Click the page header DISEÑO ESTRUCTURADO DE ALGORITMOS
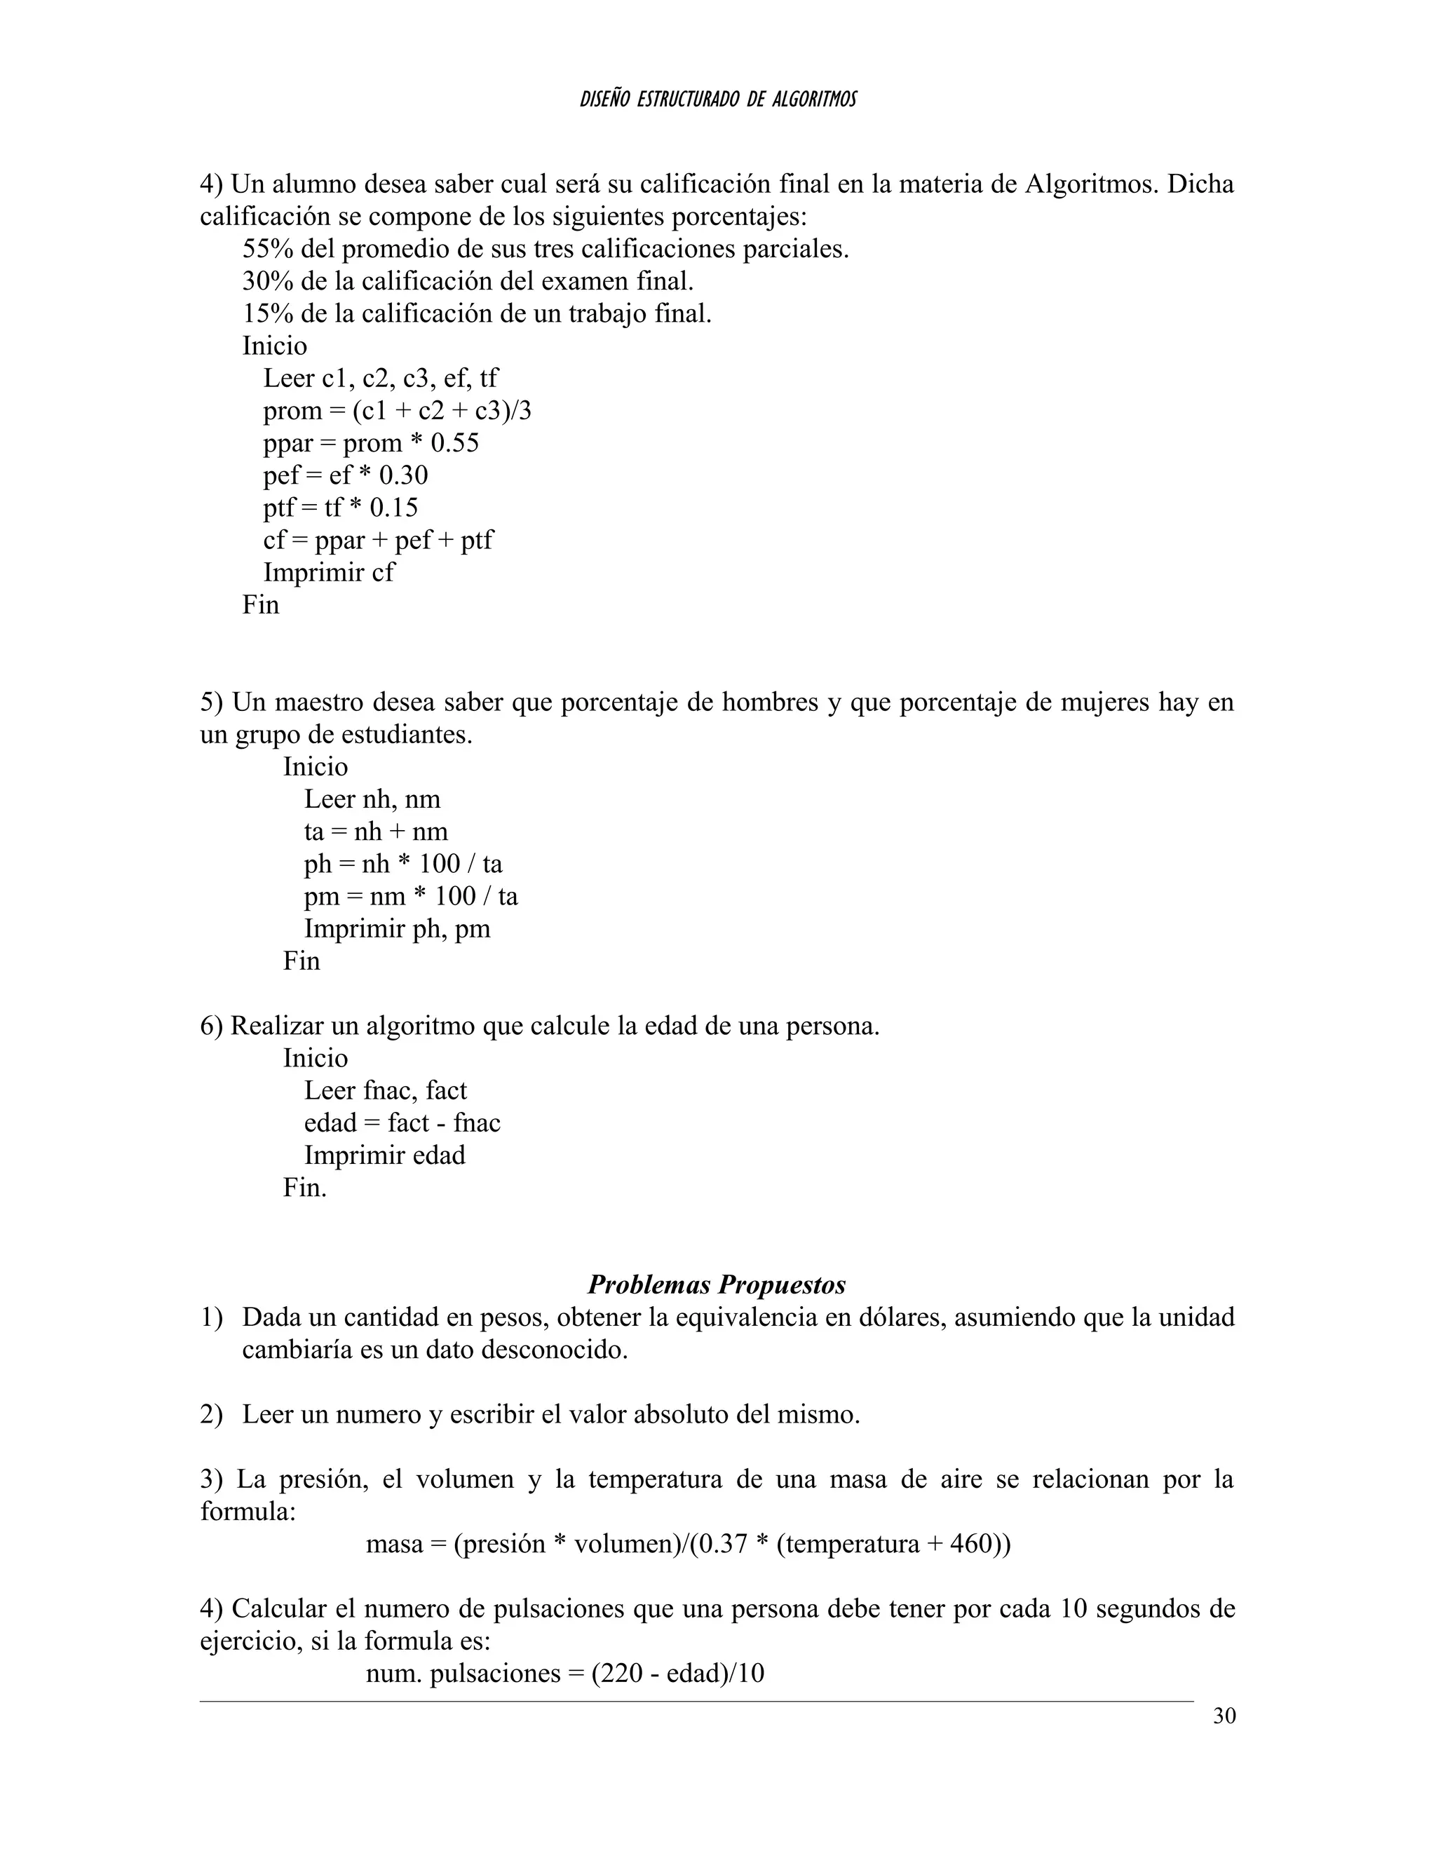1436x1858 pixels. tap(717, 100)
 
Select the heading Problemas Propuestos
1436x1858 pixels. tap(717, 1284)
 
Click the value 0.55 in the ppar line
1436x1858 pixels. tap(454, 443)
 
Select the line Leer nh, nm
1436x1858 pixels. tap(372, 800)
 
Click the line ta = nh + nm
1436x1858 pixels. tap(375, 832)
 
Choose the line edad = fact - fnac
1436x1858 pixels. tap(402, 1123)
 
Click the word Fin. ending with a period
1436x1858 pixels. tap(304, 1188)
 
